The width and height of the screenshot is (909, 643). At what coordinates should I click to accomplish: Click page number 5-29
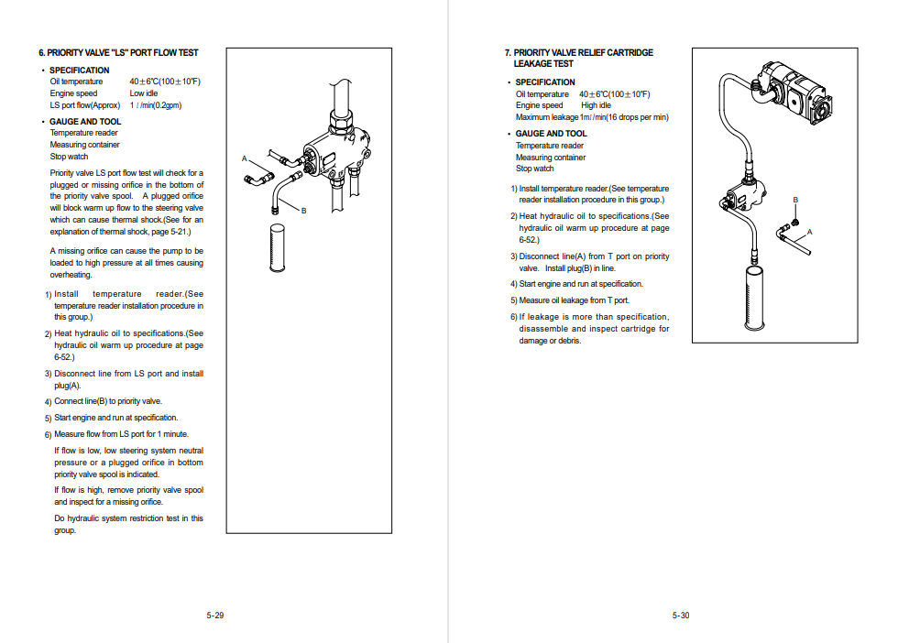tap(214, 616)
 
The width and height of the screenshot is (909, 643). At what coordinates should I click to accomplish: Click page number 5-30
tap(680, 616)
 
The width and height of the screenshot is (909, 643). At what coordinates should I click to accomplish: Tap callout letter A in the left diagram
tap(245, 158)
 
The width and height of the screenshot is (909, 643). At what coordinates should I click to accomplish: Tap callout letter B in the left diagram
tap(303, 211)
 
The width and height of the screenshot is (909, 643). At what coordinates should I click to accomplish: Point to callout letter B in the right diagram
tap(795, 200)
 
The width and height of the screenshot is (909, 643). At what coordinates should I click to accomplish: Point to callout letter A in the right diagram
tap(809, 233)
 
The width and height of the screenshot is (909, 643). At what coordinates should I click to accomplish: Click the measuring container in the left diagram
tap(276, 245)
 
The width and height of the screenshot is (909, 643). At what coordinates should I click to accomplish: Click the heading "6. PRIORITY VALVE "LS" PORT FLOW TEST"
tap(118, 53)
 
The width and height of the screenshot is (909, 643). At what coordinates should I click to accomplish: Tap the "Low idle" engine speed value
tap(143, 93)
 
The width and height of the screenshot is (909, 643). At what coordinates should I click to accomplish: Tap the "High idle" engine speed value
tap(596, 105)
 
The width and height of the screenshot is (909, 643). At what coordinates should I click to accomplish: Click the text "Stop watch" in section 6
tap(69, 157)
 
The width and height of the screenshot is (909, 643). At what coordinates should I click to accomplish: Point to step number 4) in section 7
tap(514, 284)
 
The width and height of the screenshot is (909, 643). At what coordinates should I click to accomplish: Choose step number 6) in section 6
tap(49, 435)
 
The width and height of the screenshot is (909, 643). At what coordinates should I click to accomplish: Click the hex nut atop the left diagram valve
tap(339, 118)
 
